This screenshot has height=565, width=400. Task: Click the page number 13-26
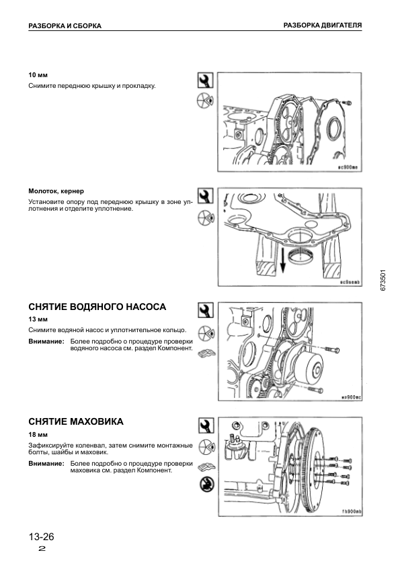pyautogui.click(x=41, y=537)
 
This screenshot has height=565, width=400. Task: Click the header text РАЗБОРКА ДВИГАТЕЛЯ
pyautogui.click(x=323, y=25)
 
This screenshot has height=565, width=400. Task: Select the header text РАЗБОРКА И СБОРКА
pyautogui.click(x=65, y=25)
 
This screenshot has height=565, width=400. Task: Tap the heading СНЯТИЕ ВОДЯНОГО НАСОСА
pyautogui.click(x=97, y=307)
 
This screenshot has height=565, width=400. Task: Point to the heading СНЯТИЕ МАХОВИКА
pyautogui.click(x=76, y=421)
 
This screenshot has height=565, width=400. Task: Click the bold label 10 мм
pyautogui.click(x=38, y=75)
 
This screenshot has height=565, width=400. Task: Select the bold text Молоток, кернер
pyautogui.click(x=56, y=191)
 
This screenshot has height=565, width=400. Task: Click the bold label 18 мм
pyautogui.click(x=38, y=435)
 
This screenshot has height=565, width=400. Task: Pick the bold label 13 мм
pyautogui.click(x=38, y=319)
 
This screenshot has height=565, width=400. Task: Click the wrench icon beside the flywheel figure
pyautogui.click(x=206, y=425)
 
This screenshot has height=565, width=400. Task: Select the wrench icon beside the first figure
pyautogui.click(x=206, y=81)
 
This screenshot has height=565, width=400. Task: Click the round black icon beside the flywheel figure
pyautogui.click(x=206, y=484)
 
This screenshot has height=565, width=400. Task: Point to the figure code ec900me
pyautogui.click(x=348, y=167)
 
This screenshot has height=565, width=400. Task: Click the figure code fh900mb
pyautogui.click(x=352, y=511)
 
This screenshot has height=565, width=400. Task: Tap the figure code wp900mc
pyautogui.click(x=352, y=397)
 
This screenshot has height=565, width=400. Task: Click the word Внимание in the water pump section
pyautogui.click(x=46, y=342)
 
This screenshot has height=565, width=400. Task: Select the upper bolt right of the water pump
pyautogui.click(x=332, y=349)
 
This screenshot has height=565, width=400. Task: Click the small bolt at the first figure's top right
pyautogui.click(x=348, y=103)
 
